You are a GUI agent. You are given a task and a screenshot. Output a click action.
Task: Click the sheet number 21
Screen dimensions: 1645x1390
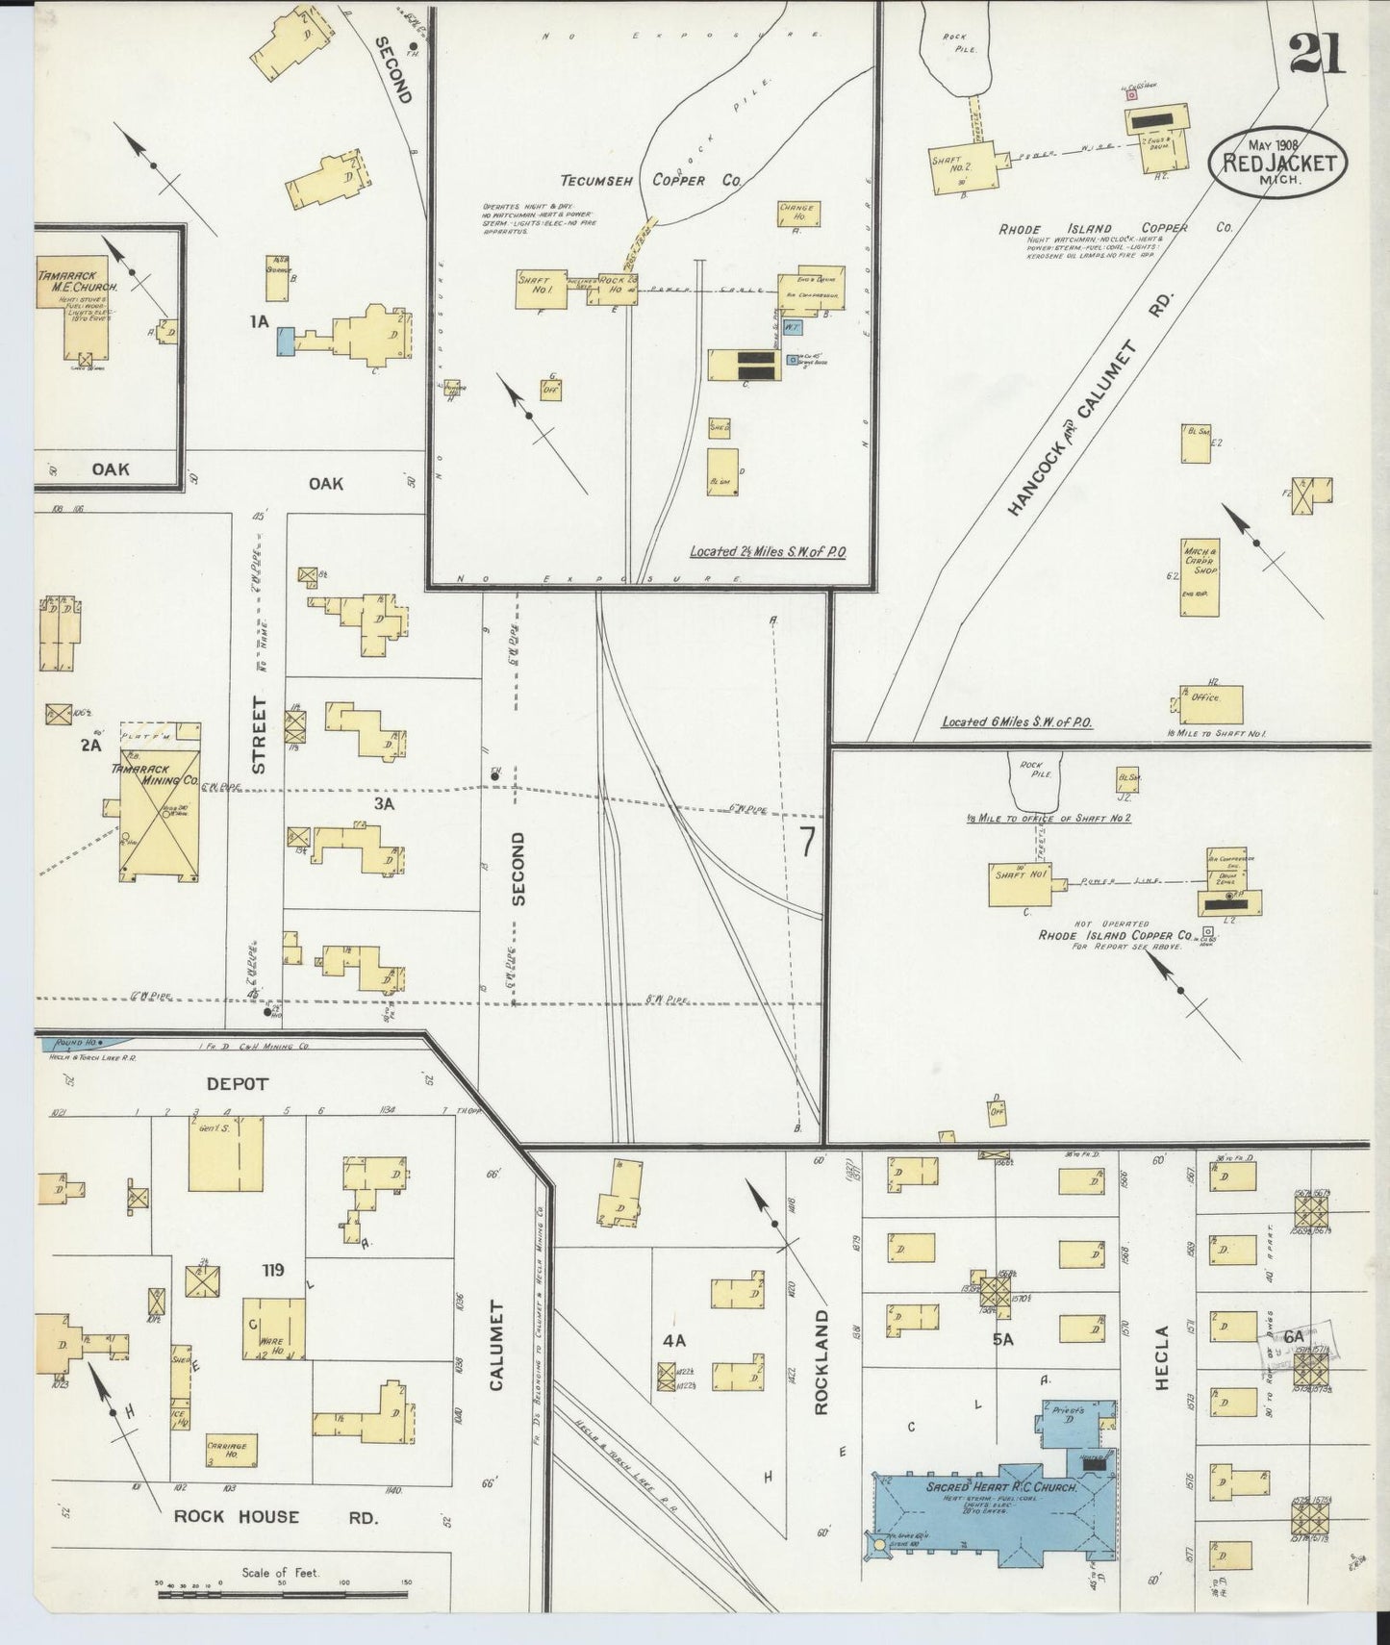click(x=1318, y=52)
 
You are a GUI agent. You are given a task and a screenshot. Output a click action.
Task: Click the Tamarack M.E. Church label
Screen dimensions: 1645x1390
click(x=78, y=281)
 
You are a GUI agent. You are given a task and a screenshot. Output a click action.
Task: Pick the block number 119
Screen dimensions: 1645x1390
click(x=272, y=1271)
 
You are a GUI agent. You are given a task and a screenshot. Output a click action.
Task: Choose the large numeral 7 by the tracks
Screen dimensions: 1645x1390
click(x=807, y=842)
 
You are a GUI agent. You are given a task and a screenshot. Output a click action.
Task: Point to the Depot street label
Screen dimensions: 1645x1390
click(x=237, y=1083)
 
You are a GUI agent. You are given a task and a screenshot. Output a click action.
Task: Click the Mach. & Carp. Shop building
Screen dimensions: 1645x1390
click(x=1200, y=577)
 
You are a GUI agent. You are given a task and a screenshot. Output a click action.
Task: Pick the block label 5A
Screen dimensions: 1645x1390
click(x=1003, y=1338)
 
